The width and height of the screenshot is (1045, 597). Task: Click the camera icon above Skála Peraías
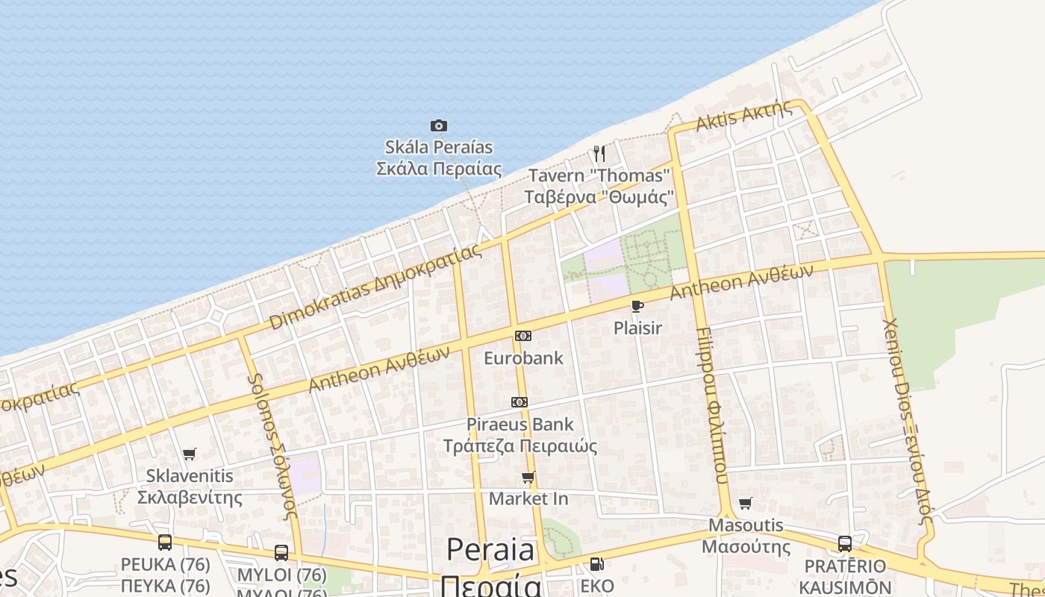[x=439, y=125]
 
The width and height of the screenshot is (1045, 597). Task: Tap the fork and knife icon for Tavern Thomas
[x=599, y=154]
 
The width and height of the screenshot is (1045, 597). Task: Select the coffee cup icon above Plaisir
[x=637, y=306]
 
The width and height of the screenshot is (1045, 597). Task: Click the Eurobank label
[x=523, y=358]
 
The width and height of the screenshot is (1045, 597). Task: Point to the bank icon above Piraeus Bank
[x=520, y=402]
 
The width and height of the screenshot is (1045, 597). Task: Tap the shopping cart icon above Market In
[x=528, y=477]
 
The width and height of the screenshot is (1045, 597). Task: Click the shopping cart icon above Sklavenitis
[x=190, y=454]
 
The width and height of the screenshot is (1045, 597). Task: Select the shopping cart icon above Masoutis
[x=745, y=503]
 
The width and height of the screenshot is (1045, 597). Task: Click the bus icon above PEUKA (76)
[x=165, y=543]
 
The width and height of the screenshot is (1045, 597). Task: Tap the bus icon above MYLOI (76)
[x=281, y=553]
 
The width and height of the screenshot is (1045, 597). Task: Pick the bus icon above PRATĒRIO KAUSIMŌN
[x=845, y=544]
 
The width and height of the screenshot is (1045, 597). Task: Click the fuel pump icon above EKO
[x=596, y=564]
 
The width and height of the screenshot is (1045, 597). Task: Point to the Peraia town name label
[x=491, y=551]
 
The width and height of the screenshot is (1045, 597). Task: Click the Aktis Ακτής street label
[x=744, y=116]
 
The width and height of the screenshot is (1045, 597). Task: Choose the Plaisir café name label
[x=637, y=328]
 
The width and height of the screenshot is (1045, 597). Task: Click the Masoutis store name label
[x=746, y=525]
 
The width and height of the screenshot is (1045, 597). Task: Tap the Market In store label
[x=528, y=498]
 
